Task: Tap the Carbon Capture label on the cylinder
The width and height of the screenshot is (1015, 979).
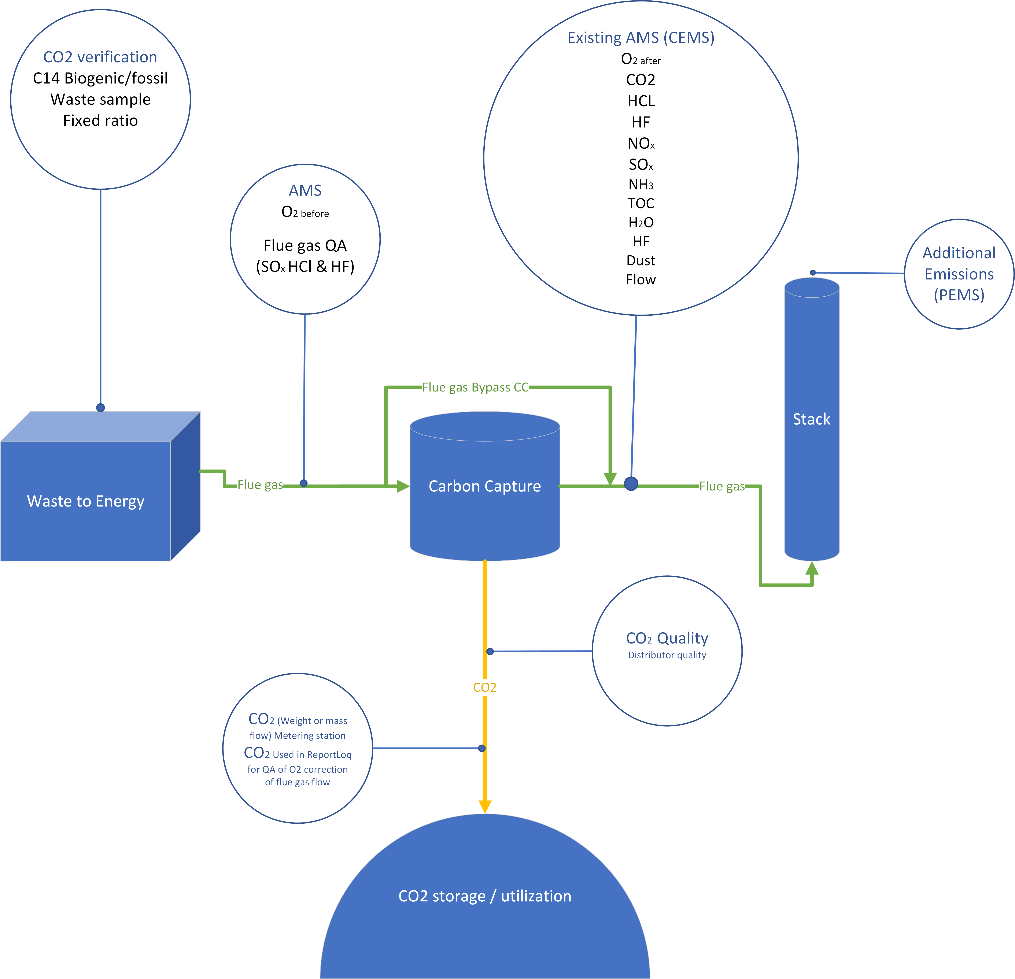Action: tap(485, 486)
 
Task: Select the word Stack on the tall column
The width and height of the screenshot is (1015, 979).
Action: tap(812, 419)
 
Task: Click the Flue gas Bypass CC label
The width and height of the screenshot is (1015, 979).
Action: tap(475, 387)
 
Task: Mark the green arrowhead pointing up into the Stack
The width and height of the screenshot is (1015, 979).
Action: tap(812, 568)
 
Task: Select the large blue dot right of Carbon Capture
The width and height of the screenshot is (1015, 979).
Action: tap(631, 483)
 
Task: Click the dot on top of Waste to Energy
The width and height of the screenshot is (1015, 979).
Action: tap(100, 407)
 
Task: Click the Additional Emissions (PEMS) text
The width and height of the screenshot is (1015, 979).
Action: tap(959, 274)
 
